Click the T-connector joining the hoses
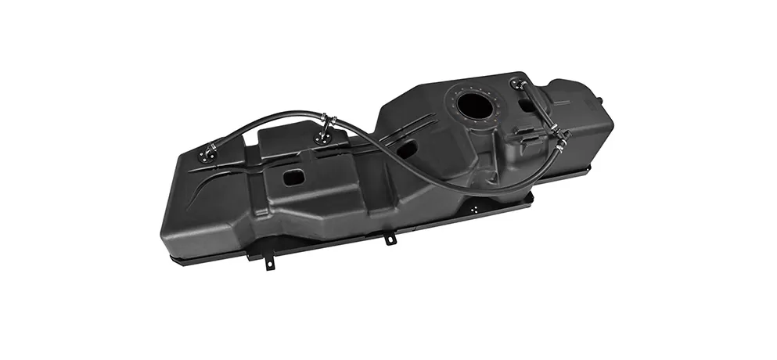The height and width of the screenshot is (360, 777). point(559,139)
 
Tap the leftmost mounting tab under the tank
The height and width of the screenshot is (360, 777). point(269,261)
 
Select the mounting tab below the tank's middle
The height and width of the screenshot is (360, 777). point(389,237)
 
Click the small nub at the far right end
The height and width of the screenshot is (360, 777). point(599,101)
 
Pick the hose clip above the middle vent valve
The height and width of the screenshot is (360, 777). point(329,122)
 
